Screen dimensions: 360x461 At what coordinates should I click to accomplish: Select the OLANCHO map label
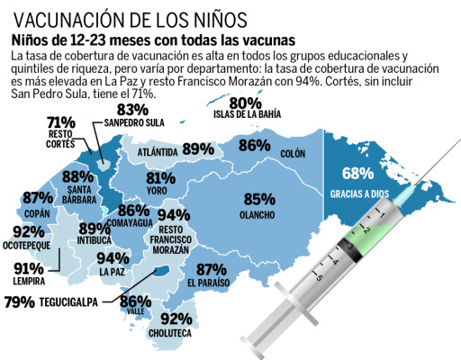click(x=258, y=215)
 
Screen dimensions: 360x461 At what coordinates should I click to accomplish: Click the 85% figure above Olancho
click(x=259, y=200)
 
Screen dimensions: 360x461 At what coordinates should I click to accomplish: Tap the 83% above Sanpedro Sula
click(x=131, y=108)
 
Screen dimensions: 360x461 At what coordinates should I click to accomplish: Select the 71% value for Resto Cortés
click(x=60, y=122)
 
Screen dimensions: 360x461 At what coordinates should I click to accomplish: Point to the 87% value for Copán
click(x=38, y=198)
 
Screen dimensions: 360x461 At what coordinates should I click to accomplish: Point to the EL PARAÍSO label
click(x=209, y=283)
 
